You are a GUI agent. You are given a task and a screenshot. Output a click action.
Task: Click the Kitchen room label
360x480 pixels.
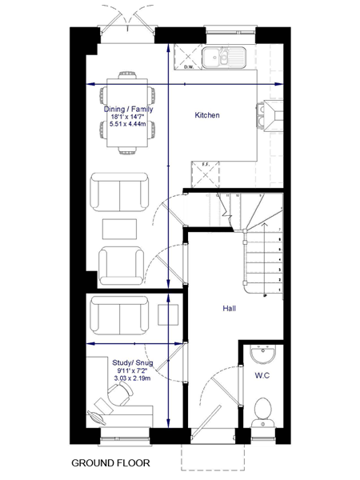(x=207, y=115)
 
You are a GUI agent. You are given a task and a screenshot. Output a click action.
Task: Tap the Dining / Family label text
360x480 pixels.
(x=129, y=109)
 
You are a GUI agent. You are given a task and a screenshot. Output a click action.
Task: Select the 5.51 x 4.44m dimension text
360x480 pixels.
(x=129, y=125)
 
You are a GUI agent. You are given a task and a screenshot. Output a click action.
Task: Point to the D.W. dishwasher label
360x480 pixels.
(x=189, y=67)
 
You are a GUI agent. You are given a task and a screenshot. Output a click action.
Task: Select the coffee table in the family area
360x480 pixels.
(x=120, y=228)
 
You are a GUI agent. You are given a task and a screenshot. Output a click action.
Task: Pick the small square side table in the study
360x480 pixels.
(x=168, y=314)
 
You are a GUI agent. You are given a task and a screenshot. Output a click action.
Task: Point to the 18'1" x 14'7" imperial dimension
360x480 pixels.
(x=129, y=117)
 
